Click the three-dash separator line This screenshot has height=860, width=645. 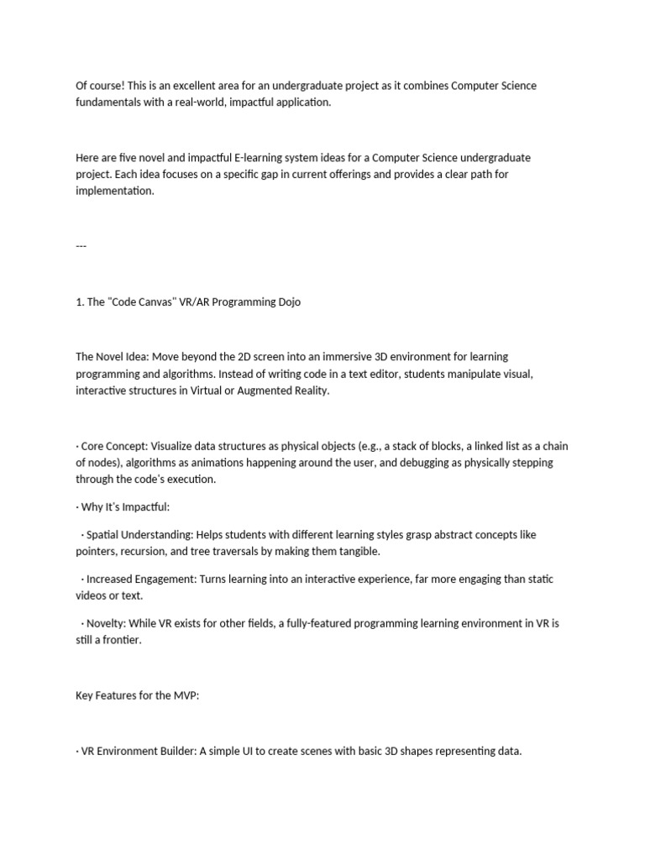click(x=81, y=246)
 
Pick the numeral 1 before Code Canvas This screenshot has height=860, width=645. click(x=78, y=302)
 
